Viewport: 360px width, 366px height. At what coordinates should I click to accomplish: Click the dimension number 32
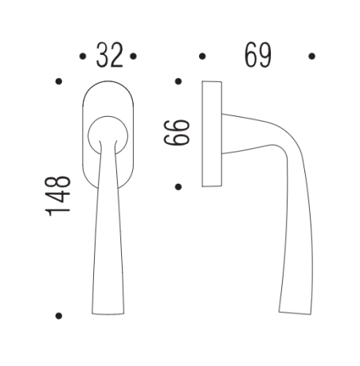click(109, 56)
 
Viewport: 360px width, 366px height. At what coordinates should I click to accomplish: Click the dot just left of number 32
click(84, 56)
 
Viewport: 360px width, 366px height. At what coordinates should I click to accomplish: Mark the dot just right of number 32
click(134, 56)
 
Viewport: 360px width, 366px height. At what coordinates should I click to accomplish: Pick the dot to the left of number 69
click(202, 56)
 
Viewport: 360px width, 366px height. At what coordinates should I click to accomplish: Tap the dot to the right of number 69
click(311, 56)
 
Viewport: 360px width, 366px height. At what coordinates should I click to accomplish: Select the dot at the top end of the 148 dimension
click(58, 81)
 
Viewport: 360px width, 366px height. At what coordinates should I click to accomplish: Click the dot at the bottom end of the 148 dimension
click(58, 315)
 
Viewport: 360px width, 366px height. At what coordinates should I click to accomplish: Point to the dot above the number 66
click(178, 81)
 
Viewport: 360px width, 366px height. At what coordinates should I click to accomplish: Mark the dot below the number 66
click(178, 187)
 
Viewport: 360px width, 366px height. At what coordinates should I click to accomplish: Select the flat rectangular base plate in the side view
click(211, 134)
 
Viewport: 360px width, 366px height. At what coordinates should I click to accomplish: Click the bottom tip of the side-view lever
click(293, 311)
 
